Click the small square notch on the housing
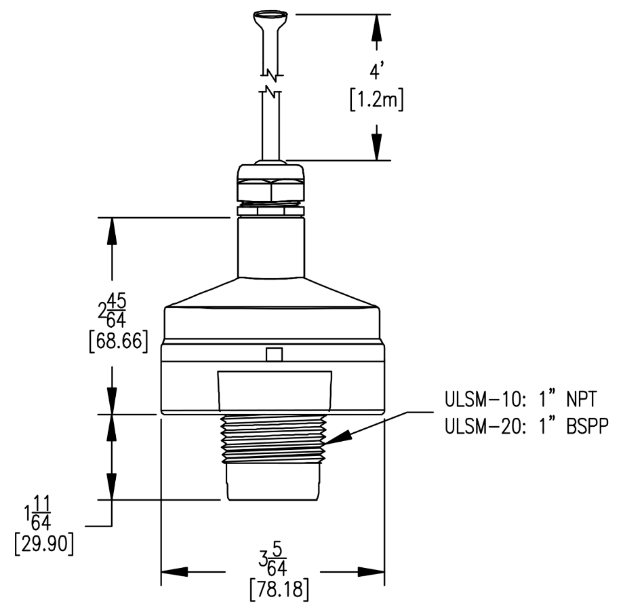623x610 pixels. (273, 355)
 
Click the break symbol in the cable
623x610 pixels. (273, 80)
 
